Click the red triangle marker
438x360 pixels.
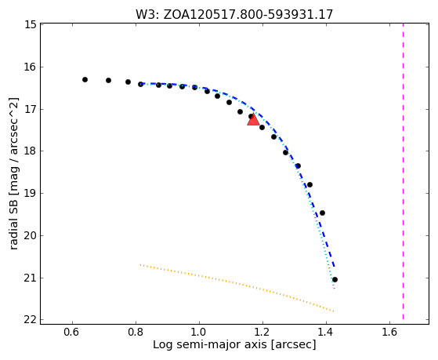tap(253, 120)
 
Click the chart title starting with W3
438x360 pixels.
tap(234, 15)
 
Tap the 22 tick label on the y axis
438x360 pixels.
tap(31, 320)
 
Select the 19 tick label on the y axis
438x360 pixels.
tap(31, 193)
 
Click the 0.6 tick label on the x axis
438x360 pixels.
tap(72, 332)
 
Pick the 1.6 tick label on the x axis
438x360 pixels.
tap(389, 332)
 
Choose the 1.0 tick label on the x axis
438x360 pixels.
tap(199, 332)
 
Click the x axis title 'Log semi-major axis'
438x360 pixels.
tap(210, 344)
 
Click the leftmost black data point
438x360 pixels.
tap(85, 80)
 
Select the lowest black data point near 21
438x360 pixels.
tap(335, 280)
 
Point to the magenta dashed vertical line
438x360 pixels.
tap(403, 172)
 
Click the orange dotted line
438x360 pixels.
tap(237, 288)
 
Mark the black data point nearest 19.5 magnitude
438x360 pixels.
tap(322, 213)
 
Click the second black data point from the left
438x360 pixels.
tap(108, 81)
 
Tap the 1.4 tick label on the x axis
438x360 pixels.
tap(326, 332)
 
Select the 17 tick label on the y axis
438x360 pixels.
tap(31, 109)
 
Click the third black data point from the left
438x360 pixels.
tap(128, 82)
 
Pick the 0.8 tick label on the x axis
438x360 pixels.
tap(136, 332)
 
